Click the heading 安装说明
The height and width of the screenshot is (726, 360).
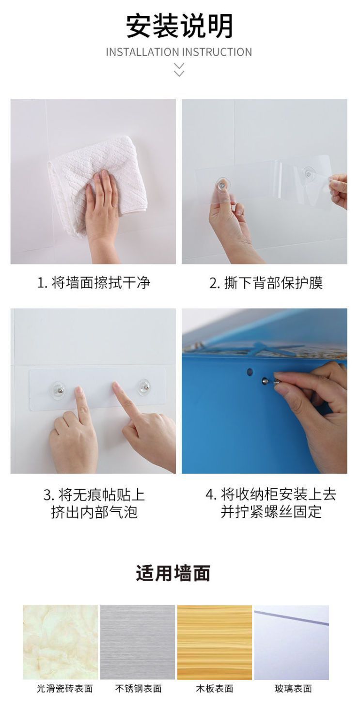179,26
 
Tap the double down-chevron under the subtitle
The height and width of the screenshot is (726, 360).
179,70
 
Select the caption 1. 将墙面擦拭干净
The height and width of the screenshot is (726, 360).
94,283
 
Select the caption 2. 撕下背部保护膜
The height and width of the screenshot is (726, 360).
266,283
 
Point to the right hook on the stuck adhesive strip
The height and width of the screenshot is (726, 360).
144,387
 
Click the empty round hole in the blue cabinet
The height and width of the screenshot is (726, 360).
250,372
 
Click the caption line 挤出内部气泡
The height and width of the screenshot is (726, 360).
94,512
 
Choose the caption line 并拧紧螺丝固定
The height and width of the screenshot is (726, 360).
271,512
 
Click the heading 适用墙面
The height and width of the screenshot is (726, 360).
173,573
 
